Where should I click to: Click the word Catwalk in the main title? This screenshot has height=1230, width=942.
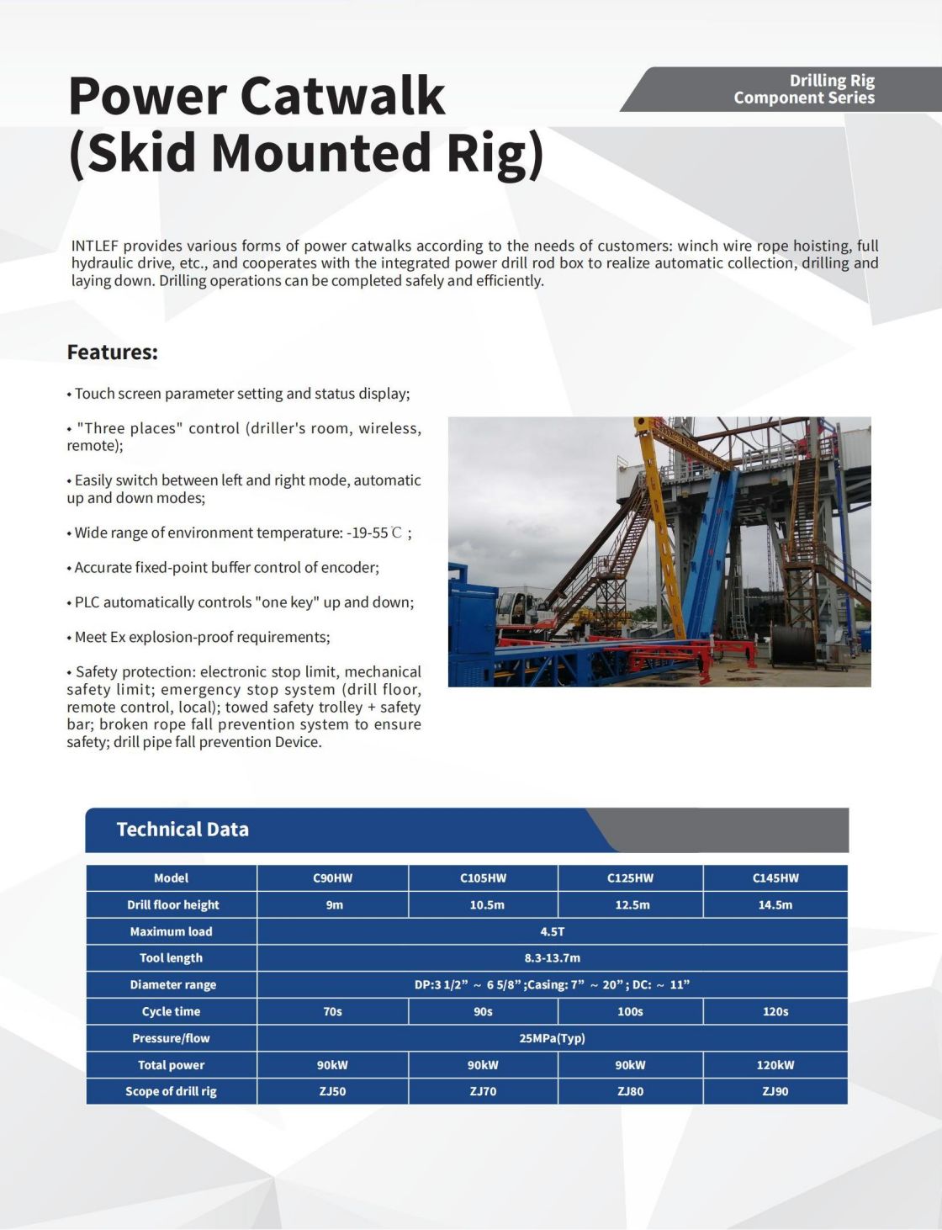[x=342, y=96]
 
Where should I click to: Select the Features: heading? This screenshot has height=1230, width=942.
[x=112, y=352]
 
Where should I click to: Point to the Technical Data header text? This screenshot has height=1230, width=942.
[x=183, y=830]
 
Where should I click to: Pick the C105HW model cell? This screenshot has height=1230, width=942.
[x=483, y=878]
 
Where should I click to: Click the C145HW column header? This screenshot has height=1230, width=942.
[x=775, y=878]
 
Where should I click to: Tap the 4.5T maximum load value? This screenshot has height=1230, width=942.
[x=553, y=931]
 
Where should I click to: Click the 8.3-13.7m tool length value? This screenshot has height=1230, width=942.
[x=553, y=957]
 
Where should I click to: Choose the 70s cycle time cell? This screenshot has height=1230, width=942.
[x=333, y=1011]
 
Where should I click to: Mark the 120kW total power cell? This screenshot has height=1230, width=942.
[x=775, y=1065]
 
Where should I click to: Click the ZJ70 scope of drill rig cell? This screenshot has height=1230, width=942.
[x=483, y=1091]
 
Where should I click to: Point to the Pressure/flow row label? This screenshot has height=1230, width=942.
[x=171, y=1038]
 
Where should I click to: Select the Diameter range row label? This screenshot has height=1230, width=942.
[x=173, y=985]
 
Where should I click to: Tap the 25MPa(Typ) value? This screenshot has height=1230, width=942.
[x=553, y=1038]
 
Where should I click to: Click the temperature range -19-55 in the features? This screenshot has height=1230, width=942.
[x=368, y=533]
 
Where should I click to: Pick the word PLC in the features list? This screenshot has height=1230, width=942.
[x=87, y=602]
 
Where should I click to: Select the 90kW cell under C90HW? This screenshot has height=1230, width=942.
[x=333, y=1065]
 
